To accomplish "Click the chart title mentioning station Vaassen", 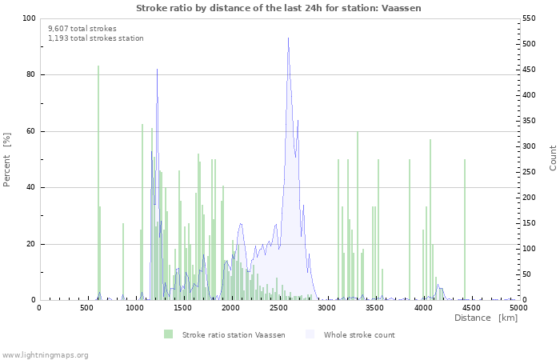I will coord(278,8).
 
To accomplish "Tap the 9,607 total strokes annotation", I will coord(82,28).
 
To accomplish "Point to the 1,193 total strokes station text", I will coord(96,38).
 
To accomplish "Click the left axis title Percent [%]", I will coord(7,159).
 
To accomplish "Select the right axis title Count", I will coord(553,158).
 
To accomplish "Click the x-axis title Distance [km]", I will coord(486,318).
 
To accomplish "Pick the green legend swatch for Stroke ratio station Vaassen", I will coord(168,334).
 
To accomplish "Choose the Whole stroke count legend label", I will coord(358,334).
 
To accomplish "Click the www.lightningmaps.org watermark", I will coord(45,354).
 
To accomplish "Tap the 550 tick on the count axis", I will coord(530,18).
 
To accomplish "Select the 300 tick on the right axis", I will coord(530,146).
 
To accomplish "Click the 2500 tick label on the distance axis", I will coord(278,307).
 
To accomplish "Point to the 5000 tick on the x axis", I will coord(518,307).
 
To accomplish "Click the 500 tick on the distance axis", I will coord(86,307).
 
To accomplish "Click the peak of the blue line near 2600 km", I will coord(288,38).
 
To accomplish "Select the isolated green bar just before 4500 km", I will coord(464,232).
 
